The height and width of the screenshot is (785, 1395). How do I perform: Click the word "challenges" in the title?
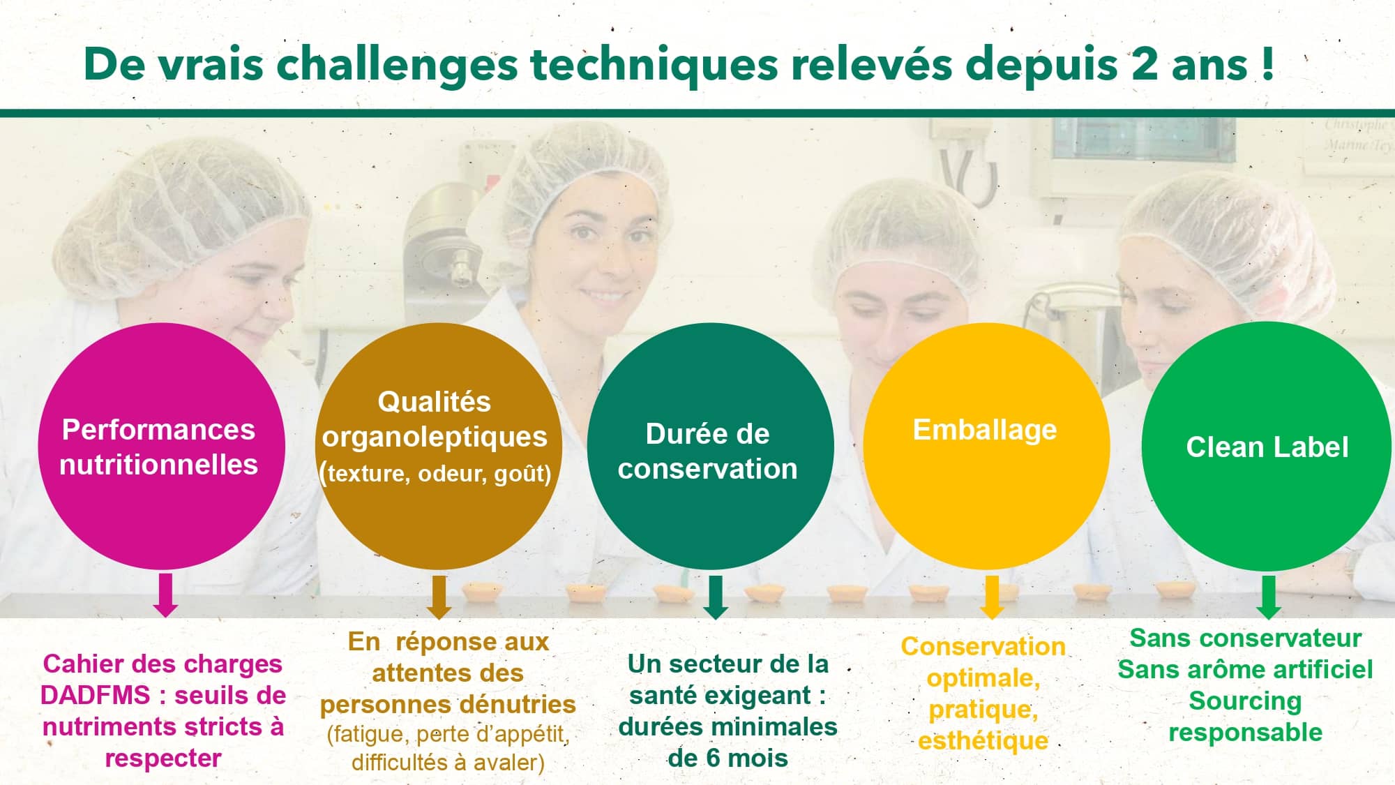(x=398, y=65)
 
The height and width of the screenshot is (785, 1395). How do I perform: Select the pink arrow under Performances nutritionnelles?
(x=165, y=595)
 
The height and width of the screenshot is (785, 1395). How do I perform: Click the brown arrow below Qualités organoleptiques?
(x=439, y=597)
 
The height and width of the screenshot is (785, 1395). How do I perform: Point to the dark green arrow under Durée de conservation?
(x=716, y=597)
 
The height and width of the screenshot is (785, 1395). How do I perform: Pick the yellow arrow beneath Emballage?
(x=992, y=597)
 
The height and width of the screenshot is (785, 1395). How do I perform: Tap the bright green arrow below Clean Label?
(x=1269, y=597)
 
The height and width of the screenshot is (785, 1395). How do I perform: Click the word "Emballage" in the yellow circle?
(x=985, y=431)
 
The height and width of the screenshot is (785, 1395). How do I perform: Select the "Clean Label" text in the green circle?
(x=1267, y=447)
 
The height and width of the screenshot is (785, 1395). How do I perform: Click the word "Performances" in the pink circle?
(x=159, y=430)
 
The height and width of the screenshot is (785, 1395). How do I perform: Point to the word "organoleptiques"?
(x=435, y=438)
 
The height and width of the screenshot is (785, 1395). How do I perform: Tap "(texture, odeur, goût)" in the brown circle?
(x=435, y=474)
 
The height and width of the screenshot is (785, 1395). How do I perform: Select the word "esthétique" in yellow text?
(x=983, y=740)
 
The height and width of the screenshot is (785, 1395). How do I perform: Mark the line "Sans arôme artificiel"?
(x=1245, y=670)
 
